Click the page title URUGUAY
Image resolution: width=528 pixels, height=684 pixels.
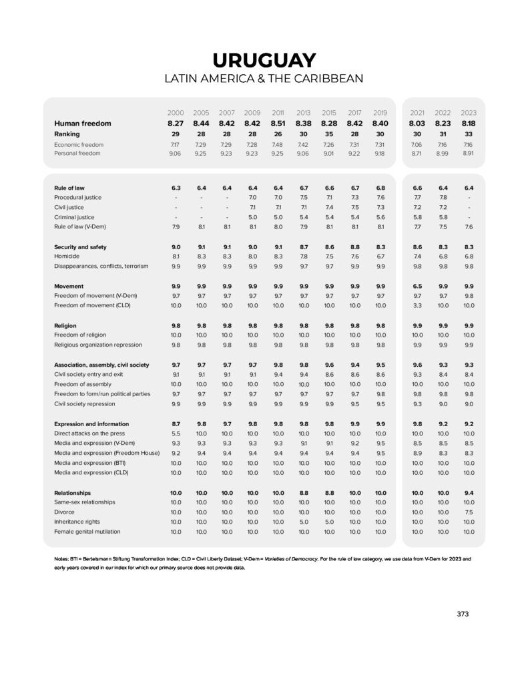264,59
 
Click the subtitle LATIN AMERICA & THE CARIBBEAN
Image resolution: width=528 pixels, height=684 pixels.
264,79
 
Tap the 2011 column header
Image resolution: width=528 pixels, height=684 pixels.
278,112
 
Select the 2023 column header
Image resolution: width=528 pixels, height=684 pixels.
469,112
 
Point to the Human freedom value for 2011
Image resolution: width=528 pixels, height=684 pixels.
278,123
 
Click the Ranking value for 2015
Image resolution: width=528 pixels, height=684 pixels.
329,134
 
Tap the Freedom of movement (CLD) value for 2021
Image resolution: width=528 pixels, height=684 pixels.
417,305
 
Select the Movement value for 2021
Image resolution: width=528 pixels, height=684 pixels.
417,286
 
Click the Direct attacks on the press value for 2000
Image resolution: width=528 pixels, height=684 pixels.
176,434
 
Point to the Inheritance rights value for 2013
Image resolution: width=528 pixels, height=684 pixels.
304,522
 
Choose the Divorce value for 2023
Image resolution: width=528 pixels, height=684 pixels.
469,512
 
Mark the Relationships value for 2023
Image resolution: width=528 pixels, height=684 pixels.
469,492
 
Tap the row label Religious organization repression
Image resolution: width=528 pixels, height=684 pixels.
98,345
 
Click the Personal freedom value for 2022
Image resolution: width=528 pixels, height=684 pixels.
443,153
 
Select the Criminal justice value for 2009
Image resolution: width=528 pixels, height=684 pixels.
252,217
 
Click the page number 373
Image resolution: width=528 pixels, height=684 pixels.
463,614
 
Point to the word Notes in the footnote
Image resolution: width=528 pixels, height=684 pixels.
61,558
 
